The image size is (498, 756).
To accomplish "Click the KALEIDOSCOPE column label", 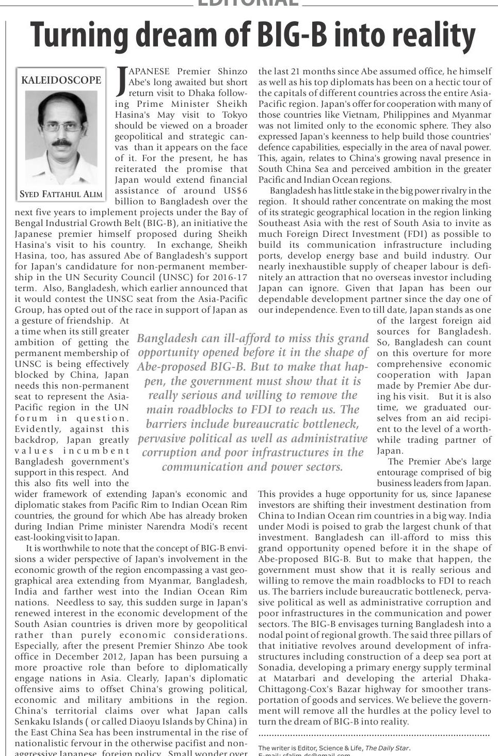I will pos(61,80).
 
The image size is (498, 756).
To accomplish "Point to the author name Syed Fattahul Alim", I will pos(61,195).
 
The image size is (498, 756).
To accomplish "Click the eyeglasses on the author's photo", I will pos(61,126).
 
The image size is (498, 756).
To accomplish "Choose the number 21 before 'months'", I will pos(296,71).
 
